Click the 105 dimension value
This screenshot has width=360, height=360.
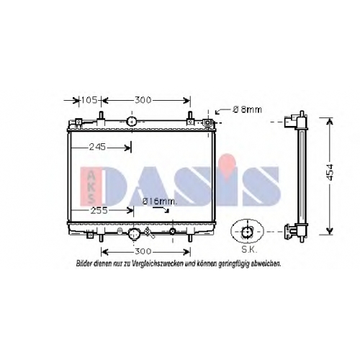89,100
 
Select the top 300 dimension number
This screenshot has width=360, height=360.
143,100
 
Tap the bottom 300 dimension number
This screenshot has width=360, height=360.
143,251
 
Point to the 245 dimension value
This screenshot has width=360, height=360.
97,147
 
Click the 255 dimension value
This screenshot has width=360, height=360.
99,210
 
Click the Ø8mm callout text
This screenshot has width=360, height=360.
247,109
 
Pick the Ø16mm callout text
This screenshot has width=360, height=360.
159,202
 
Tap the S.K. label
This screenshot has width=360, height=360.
249,251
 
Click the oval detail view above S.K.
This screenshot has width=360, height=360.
247,231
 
